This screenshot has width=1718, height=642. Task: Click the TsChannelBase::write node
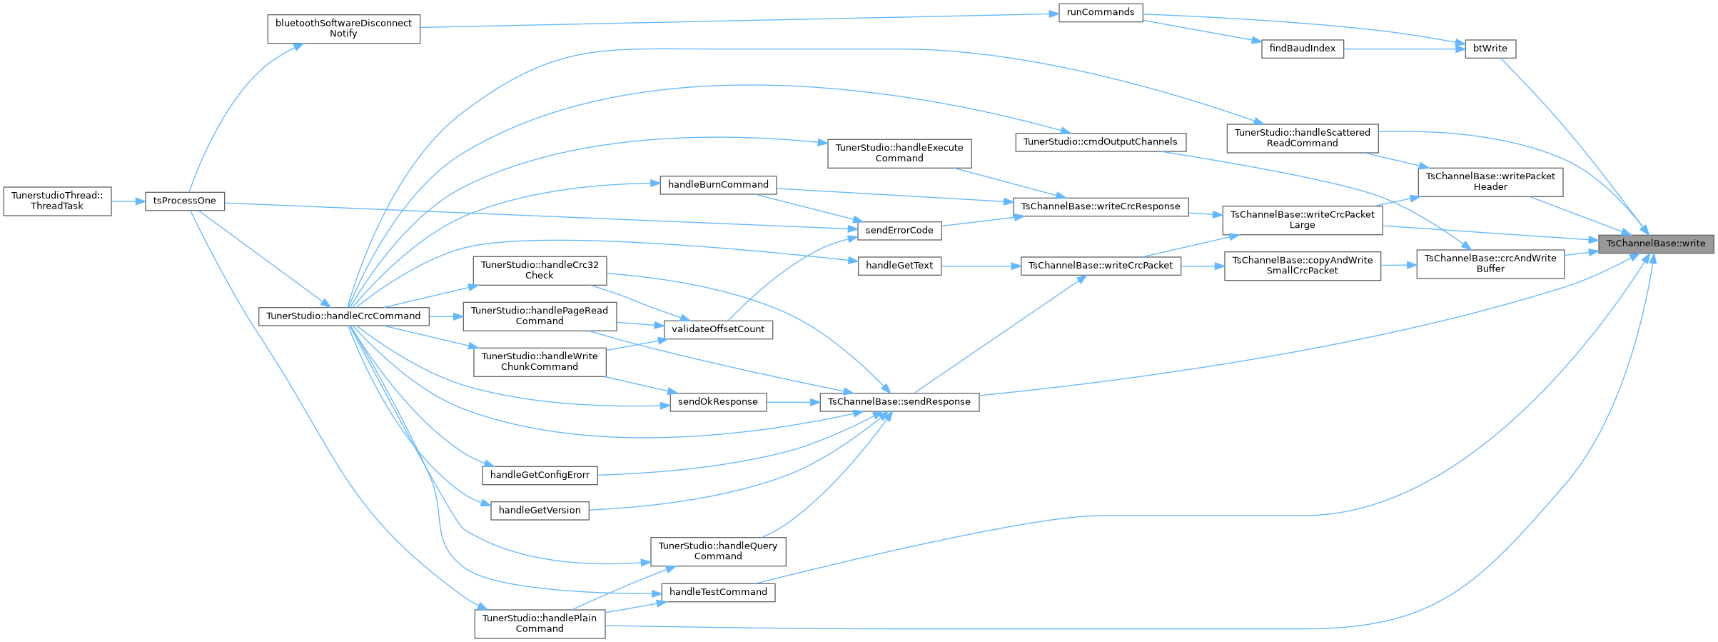pyautogui.click(x=1655, y=244)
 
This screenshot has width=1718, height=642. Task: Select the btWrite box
pyautogui.click(x=1490, y=49)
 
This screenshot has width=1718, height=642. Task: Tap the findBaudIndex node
pyautogui.click(x=1302, y=49)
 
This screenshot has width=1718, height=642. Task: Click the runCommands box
pyautogui.click(x=1100, y=13)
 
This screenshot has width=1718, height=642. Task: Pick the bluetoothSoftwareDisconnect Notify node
pyautogui.click(x=343, y=29)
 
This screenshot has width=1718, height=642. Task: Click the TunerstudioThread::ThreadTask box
pyautogui.click(x=57, y=201)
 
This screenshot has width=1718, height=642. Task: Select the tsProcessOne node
pyautogui.click(x=184, y=201)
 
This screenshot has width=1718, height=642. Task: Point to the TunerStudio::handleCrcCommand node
pyautogui.click(x=343, y=316)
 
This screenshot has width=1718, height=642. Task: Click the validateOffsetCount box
pyautogui.click(x=718, y=329)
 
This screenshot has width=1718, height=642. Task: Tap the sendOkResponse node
pyautogui.click(x=717, y=402)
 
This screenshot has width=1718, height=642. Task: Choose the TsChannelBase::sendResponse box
pyautogui.click(x=899, y=402)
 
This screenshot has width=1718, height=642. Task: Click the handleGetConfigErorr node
pyautogui.click(x=540, y=475)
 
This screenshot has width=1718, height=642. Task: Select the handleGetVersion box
pyautogui.click(x=540, y=510)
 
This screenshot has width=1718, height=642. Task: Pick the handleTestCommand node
pyautogui.click(x=718, y=592)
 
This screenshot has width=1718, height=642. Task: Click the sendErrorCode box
pyautogui.click(x=899, y=231)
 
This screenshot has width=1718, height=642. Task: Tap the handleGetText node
pyautogui.click(x=899, y=266)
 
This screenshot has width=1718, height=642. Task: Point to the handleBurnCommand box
pyautogui.click(x=718, y=185)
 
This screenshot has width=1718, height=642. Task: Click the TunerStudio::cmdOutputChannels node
pyautogui.click(x=1100, y=142)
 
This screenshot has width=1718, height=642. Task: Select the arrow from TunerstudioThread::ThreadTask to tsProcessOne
pyautogui.click(x=128, y=201)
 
